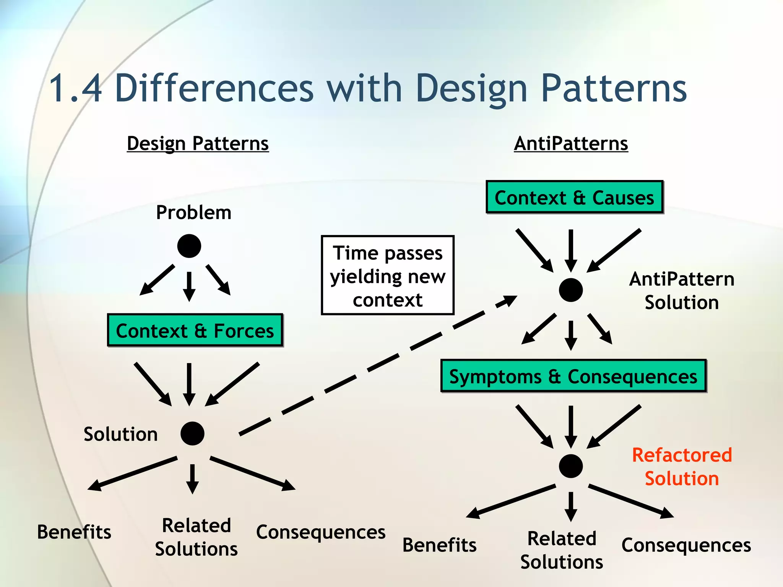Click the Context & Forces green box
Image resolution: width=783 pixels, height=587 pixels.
click(x=195, y=331)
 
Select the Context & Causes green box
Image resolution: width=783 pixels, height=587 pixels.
click(x=574, y=197)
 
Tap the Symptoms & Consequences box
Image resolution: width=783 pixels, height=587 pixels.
click(x=573, y=376)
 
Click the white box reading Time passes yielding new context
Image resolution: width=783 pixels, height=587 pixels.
click(x=388, y=275)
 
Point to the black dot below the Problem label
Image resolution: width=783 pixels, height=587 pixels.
click(x=189, y=246)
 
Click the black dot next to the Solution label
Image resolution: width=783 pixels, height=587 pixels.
click(x=192, y=433)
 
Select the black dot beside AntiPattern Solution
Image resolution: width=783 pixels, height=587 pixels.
click(x=570, y=290)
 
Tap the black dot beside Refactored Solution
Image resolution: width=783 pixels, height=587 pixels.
click(x=570, y=466)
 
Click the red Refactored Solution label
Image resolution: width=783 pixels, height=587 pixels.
click(x=682, y=467)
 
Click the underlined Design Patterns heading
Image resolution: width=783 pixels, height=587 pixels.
click(x=198, y=144)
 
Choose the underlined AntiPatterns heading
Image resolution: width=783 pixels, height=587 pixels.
click(x=571, y=144)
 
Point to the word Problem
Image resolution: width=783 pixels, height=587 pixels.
click(x=193, y=212)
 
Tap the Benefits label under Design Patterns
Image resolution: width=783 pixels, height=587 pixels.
click(x=74, y=532)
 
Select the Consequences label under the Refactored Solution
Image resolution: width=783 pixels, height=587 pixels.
click(x=686, y=545)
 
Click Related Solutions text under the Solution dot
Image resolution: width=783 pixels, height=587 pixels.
click(x=197, y=537)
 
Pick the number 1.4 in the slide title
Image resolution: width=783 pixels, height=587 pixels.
click(x=76, y=89)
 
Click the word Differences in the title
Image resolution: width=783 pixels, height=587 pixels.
click(x=214, y=89)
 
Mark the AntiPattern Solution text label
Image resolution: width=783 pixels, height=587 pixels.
click(x=682, y=290)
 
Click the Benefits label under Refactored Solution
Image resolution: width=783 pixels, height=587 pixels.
click(x=439, y=545)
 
